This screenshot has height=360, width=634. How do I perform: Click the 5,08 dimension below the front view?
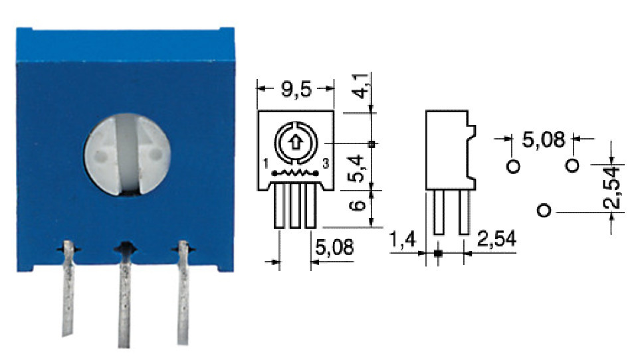(x=334, y=248)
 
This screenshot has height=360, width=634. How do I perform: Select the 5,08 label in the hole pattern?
(x=543, y=139)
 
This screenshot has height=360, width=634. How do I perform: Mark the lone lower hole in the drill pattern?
(x=544, y=211)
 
